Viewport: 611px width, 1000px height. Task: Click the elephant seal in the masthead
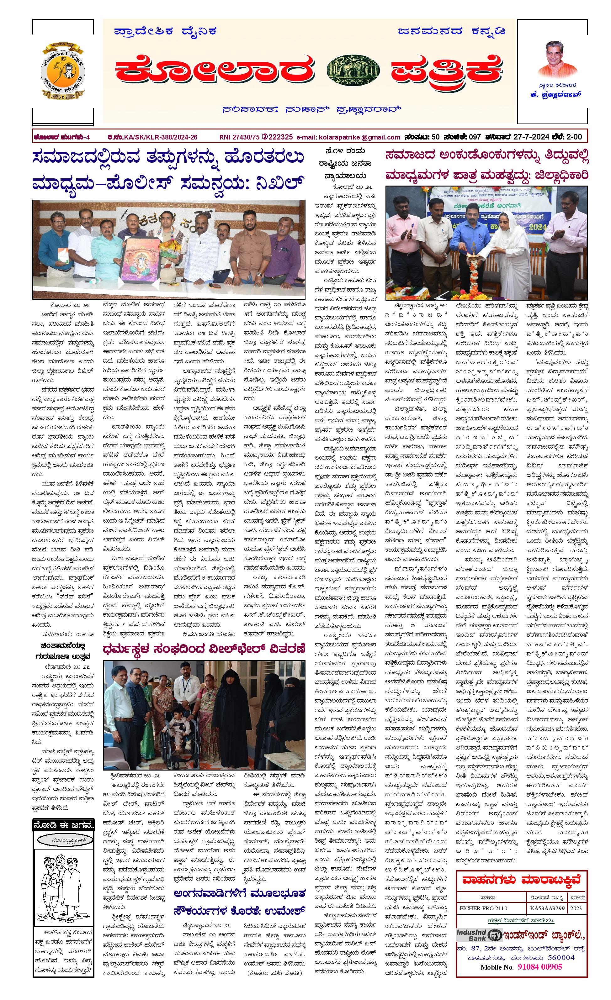(353, 70)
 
